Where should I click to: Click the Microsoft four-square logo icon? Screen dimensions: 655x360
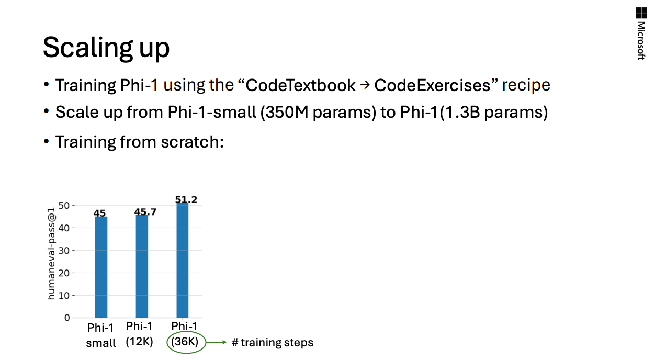click(x=641, y=13)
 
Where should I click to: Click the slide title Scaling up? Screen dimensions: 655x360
click(x=106, y=48)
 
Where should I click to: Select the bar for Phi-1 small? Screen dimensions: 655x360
click(x=101, y=267)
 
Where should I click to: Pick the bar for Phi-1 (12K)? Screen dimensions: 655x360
click(x=142, y=266)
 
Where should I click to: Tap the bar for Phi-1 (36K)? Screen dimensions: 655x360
click(x=183, y=260)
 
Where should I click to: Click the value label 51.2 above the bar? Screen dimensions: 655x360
click(x=186, y=199)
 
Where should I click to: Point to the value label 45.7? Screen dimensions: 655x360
click(x=145, y=212)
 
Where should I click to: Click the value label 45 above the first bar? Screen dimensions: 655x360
click(x=100, y=213)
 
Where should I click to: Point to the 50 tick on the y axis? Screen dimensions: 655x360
click(x=64, y=206)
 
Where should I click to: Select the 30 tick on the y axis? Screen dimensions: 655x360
click(x=64, y=251)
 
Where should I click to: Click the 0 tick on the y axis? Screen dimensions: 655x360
click(x=67, y=318)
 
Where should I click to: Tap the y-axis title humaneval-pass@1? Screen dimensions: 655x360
click(x=51, y=254)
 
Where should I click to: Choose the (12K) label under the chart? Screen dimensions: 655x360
click(x=140, y=341)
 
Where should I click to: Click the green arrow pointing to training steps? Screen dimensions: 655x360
click(x=216, y=342)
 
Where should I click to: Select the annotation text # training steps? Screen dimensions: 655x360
click(x=273, y=343)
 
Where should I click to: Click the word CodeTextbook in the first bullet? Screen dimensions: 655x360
click(x=300, y=85)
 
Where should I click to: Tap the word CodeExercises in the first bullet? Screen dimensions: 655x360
click(x=432, y=85)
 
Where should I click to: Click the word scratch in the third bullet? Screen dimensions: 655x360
click(x=192, y=142)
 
